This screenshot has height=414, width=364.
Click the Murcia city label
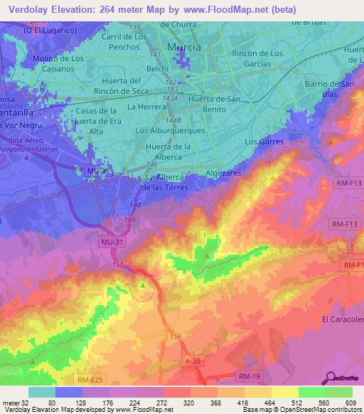pyautogui.click(x=183, y=47)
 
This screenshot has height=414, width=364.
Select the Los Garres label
pyautogui.click(x=264, y=142)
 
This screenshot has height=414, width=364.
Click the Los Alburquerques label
pyautogui.click(x=170, y=131)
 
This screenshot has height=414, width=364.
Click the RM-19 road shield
pyautogui.click(x=250, y=375)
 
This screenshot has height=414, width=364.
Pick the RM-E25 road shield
pyautogui.click(x=90, y=381)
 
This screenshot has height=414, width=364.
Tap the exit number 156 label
pyautogui.click(x=176, y=336)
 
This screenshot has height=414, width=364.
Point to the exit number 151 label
pyautogui.click(x=117, y=265)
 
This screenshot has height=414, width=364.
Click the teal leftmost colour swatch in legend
pyautogui.click(x=41, y=392)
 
